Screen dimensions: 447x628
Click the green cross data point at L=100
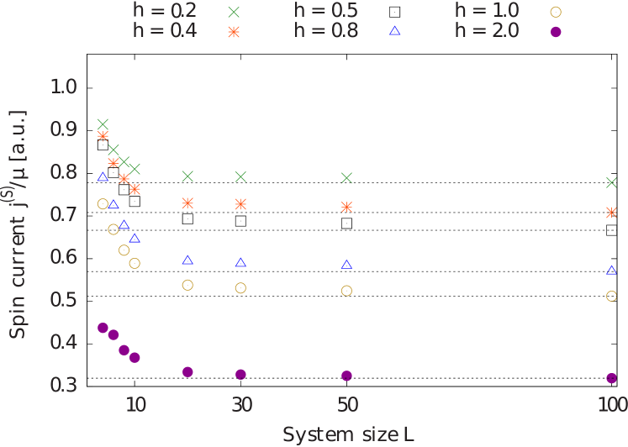pyautogui.click(x=611, y=182)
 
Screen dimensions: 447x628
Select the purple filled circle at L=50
pyautogui.click(x=346, y=376)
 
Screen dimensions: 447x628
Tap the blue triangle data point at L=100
pyautogui.click(x=611, y=271)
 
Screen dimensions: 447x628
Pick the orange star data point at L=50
pyautogui.click(x=346, y=207)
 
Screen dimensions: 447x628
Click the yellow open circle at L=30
pyautogui.click(x=240, y=288)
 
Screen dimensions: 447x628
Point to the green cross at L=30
pyautogui.click(x=240, y=176)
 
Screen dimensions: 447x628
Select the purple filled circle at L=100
pyautogui.click(x=611, y=378)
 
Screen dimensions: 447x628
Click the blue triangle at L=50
pyautogui.click(x=346, y=265)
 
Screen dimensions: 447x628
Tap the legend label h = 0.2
pyautogui.click(x=165, y=11)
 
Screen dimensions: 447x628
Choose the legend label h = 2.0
pyautogui.click(x=487, y=31)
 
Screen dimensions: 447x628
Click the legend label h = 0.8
pyautogui.click(x=326, y=31)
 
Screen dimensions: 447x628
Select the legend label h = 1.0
pyautogui.click(x=487, y=11)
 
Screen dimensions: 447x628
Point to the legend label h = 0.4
pyautogui.click(x=165, y=31)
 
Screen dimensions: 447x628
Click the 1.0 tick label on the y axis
pyautogui.click(x=64, y=87)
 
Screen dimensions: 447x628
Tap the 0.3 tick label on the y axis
pyautogui.click(x=64, y=385)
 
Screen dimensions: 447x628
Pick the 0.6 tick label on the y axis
pyautogui.click(x=64, y=257)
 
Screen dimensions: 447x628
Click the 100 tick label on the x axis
pyautogui.click(x=612, y=405)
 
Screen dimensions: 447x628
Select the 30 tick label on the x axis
pyautogui.click(x=241, y=405)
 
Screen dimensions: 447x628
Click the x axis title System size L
pyautogui.click(x=348, y=434)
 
